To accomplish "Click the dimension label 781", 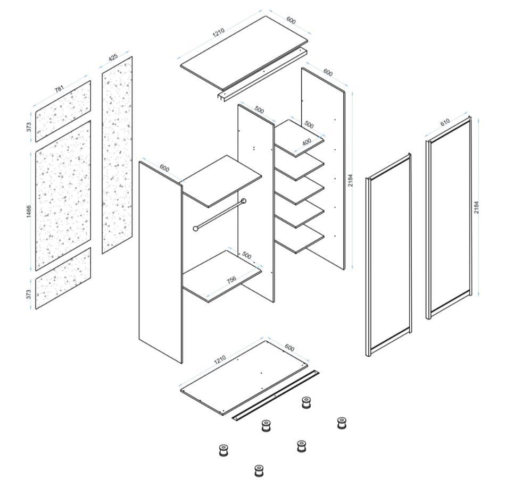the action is pyautogui.click(x=59, y=89).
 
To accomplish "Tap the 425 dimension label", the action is pyautogui.click(x=113, y=57).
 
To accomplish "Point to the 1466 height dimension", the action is pyautogui.click(x=29, y=212).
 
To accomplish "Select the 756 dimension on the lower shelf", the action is pyautogui.click(x=231, y=280).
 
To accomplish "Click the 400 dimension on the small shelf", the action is pyautogui.click(x=306, y=142).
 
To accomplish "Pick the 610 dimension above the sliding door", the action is pyautogui.click(x=445, y=122).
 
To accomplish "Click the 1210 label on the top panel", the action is pyautogui.click(x=219, y=32).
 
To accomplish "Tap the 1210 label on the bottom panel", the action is pyautogui.click(x=220, y=359).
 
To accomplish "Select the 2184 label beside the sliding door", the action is pyautogui.click(x=476, y=207).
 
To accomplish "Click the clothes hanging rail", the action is pyautogui.click(x=220, y=215).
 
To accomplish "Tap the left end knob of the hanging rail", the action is pyautogui.click(x=196, y=229).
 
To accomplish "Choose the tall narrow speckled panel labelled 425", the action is pyautogui.click(x=117, y=155).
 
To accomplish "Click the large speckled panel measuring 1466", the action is pyautogui.click(x=63, y=196).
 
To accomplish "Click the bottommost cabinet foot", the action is pyautogui.click(x=259, y=470).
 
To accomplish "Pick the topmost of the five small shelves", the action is pyautogui.click(x=299, y=138).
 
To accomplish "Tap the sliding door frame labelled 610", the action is pyautogui.click(x=449, y=218).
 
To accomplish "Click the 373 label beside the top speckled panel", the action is pyautogui.click(x=29, y=127).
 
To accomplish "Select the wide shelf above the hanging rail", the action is pyautogui.click(x=222, y=181).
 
